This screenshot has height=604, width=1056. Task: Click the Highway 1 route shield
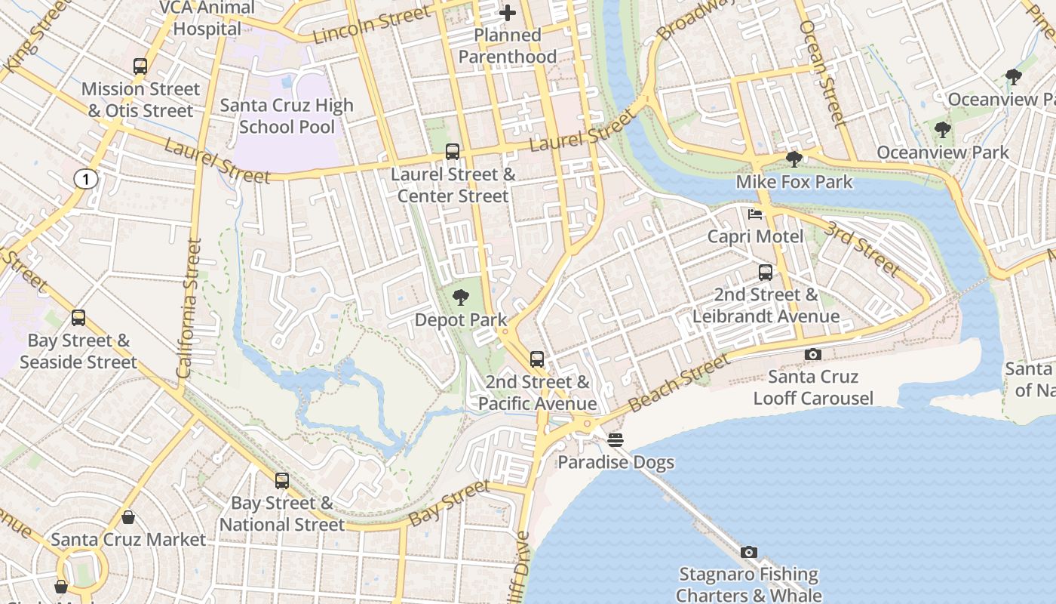click(x=86, y=179)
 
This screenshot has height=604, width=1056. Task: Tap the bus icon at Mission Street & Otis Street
click(x=140, y=66)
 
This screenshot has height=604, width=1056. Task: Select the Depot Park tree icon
click(x=460, y=297)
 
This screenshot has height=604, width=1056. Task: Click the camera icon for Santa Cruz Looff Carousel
click(x=812, y=354)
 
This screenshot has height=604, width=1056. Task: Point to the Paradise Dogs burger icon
click(x=615, y=440)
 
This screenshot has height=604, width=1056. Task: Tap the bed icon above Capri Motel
click(x=754, y=214)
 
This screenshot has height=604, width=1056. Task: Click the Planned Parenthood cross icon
click(x=508, y=13)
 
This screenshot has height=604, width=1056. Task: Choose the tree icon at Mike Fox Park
click(x=794, y=159)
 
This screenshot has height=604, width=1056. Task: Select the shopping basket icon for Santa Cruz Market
click(x=128, y=517)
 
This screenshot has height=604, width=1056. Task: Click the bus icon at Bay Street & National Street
click(x=282, y=480)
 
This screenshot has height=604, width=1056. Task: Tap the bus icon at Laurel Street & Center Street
click(x=453, y=152)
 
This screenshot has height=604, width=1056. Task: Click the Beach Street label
click(x=678, y=383)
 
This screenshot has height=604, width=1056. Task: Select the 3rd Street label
click(x=861, y=249)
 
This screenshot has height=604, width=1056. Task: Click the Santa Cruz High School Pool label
click(x=287, y=116)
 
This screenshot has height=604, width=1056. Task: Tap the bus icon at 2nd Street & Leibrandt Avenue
click(x=766, y=272)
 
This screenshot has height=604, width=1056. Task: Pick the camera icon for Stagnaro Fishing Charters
click(x=748, y=553)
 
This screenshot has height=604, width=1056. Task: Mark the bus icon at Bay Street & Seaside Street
click(x=78, y=318)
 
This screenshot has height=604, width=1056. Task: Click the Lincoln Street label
click(x=372, y=24)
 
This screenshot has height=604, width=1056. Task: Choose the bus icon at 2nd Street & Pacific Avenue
click(x=537, y=359)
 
